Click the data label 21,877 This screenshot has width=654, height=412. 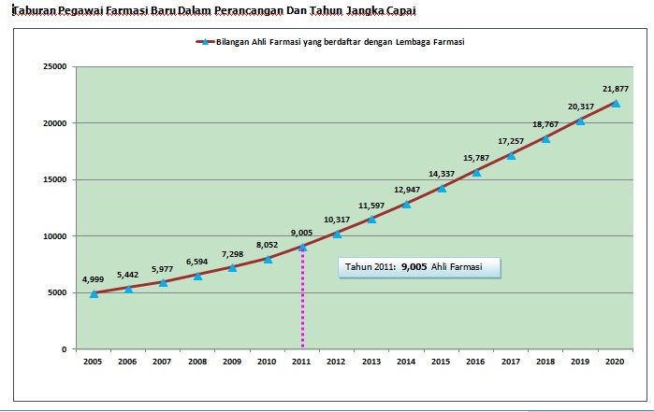click(615, 89)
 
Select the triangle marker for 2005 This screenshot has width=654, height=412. click(94, 293)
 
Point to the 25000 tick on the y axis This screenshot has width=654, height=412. click(51, 67)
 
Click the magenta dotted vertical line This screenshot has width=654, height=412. click(302, 299)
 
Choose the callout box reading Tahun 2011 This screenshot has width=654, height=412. click(419, 266)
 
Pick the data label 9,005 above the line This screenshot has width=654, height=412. click(301, 233)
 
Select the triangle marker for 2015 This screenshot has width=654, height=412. click(442, 188)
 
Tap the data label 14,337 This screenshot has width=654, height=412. click(442, 173)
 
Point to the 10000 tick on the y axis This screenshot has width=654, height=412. click(51, 236)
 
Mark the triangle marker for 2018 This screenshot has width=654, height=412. click(545, 138)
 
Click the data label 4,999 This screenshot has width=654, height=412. click(94, 279)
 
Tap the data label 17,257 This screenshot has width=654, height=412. click(511, 141)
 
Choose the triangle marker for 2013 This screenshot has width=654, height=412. click(371, 219)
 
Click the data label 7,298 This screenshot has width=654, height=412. click(232, 253)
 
